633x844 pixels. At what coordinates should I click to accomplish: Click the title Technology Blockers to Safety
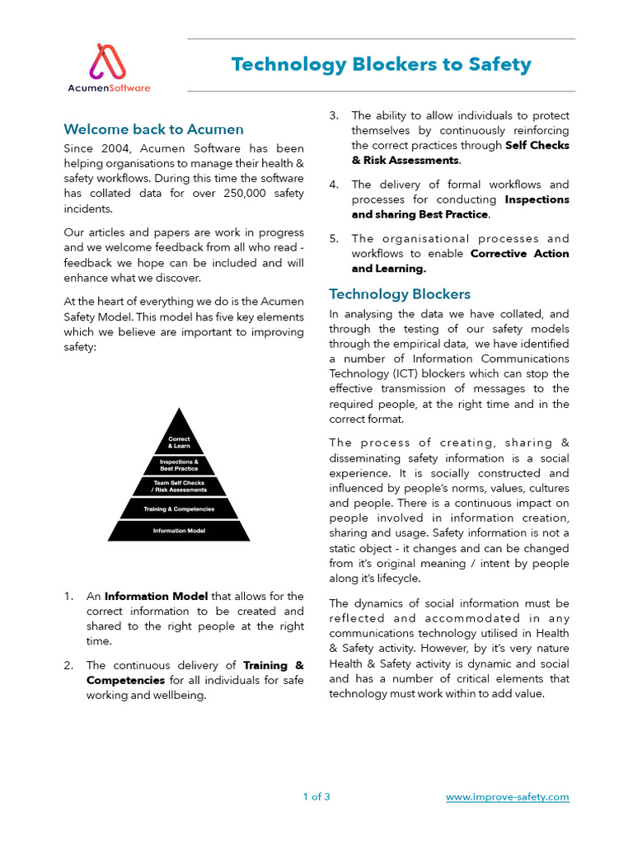pos(381,64)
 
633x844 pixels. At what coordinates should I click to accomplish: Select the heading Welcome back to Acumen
pos(153,129)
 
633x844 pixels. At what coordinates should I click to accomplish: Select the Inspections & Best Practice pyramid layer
pos(179,465)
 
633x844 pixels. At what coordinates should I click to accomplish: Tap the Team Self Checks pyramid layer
pos(179,486)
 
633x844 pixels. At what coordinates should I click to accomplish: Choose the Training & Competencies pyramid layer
pos(179,509)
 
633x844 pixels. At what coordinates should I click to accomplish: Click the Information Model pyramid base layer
pos(179,531)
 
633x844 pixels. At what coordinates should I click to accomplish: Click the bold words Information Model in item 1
pos(157,596)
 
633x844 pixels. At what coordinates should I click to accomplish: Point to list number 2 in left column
pos(70,665)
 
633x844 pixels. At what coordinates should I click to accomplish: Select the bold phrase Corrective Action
pos(519,254)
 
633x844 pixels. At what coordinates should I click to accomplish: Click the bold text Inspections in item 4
pos(537,199)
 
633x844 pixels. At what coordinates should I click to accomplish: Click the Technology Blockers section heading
pos(400,294)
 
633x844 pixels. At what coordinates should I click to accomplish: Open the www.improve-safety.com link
pos(507,797)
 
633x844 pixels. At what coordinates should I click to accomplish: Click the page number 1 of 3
pos(316,797)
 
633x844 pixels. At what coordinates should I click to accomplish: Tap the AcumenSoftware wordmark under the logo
pos(110,87)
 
